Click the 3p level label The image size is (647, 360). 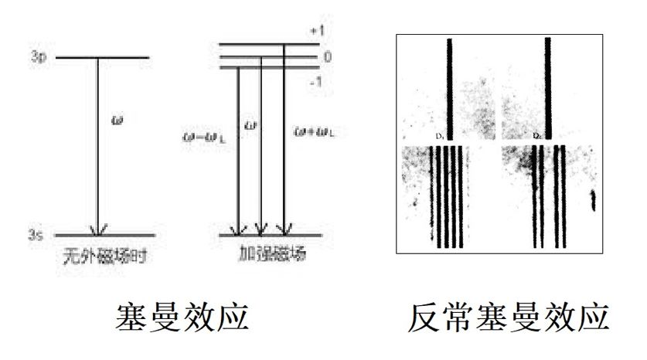point(39,58)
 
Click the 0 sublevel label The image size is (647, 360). point(327,57)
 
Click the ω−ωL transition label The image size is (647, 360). point(199,136)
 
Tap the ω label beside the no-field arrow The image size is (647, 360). point(117,121)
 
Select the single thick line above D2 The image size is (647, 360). point(548,85)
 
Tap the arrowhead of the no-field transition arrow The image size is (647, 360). point(97,229)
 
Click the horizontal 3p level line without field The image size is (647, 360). point(100,58)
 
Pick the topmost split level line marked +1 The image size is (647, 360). point(267,43)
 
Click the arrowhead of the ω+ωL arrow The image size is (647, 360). point(285,229)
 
